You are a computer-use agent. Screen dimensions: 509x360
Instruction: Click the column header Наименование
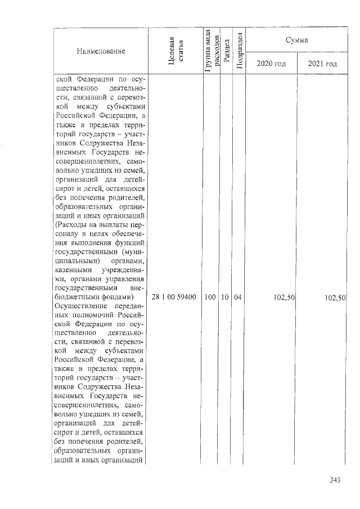[100, 51]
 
